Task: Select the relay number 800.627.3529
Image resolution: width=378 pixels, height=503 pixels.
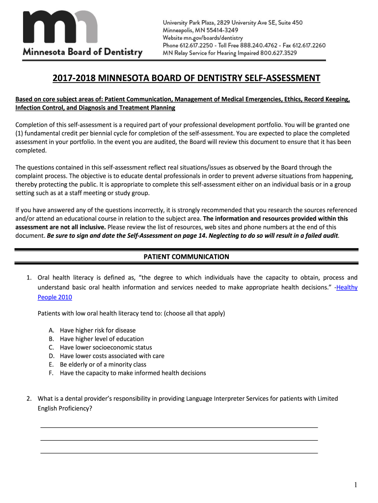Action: pyautogui.click(x=278, y=53)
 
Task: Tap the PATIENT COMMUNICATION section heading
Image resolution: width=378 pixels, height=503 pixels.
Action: pyautogui.click(x=186, y=256)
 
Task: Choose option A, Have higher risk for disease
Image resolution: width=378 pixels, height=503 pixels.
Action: pyautogui.click(x=98, y=330)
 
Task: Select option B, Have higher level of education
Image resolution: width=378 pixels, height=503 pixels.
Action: pyautogui.click(x=102, y=338)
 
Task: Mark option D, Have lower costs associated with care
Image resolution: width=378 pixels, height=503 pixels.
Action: pyautogui.click(x=112, y=356)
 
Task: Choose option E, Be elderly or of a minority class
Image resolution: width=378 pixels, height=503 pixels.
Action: pyautogui.click(x=103, y=364)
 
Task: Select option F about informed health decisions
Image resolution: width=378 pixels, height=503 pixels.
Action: pyautogui.click(x=133, y=373)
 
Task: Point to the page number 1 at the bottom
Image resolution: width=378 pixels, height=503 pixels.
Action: pyautogui.click(x=356, y=485)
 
